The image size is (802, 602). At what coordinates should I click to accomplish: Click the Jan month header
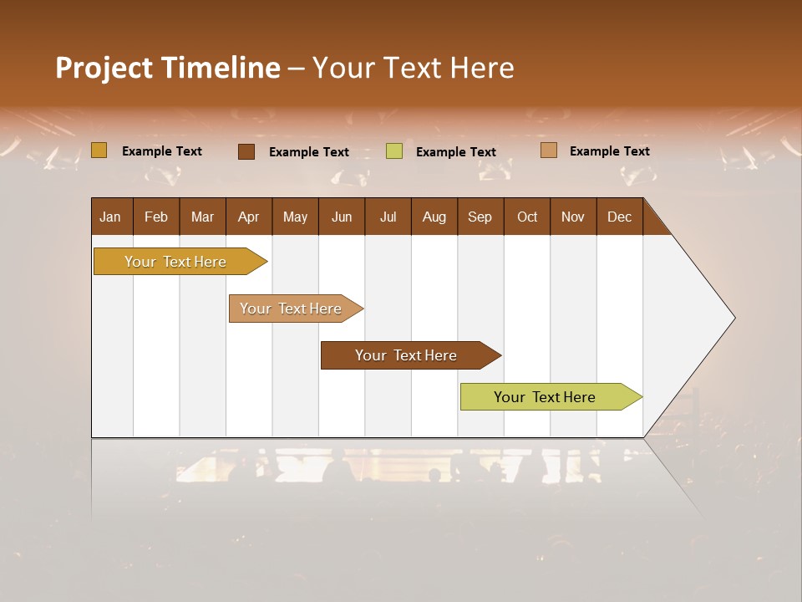click(x=111, y=217)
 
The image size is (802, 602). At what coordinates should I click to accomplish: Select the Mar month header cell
click(x=202, y=217)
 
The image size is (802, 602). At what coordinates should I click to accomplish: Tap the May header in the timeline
click(x=295, y=217)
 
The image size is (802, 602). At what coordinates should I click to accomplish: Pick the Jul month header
click(x=388, y=217)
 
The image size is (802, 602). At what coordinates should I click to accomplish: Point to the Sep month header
click(x=480, y=217)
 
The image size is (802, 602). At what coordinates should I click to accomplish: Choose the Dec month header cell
click(x=619, y=217)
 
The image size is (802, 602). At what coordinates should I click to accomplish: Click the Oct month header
click(x=527, y=217)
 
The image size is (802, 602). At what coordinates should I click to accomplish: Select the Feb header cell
click(x=156, y=217)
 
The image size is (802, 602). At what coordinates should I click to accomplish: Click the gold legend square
click(x=99, y=150)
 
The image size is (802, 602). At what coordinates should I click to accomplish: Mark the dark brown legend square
click(x=246, y=151)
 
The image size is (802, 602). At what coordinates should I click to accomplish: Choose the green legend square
click(x=394, y=151)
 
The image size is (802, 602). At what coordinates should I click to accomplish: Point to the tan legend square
click(x=548, y=150)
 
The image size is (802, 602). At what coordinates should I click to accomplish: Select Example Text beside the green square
click(x=456, y=152)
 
